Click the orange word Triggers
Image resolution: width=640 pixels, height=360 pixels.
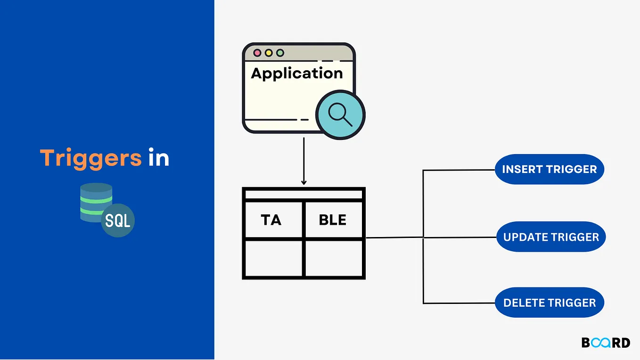point(90,158)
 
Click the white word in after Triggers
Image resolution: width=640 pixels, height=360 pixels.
point(159,158)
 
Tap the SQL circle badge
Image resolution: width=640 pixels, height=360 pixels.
point(117,220)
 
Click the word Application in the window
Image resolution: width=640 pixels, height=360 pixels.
point(296,74)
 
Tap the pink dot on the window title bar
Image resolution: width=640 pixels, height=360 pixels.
point(257,53)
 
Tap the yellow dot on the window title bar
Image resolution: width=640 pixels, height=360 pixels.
point(269,53)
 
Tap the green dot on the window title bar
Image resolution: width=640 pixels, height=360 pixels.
point(280,53)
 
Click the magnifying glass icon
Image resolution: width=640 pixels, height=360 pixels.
point(340,115)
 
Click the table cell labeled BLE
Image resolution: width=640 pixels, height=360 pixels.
point(333,220)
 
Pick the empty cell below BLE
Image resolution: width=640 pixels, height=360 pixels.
point(333,258)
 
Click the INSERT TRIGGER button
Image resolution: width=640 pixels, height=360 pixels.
point(549,169)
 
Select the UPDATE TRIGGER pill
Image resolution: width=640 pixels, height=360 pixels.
point(550,237)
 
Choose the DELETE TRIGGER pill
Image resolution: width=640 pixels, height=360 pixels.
point(549,303)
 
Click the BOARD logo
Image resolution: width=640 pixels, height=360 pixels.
point(606,343)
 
